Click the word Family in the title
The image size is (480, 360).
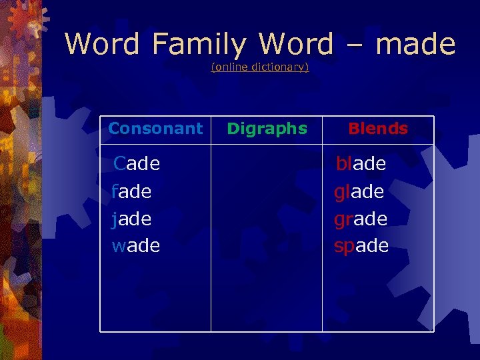coord(199,45)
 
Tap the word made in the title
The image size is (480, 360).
coord(415,44)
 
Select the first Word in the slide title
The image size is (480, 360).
coord(102,44)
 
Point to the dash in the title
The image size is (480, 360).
coord(353,45)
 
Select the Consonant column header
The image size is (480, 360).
coord(155,129)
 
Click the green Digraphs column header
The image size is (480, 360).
coord(267,129)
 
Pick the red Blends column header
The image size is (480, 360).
coord(378,129)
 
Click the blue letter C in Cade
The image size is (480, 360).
coord(120,163)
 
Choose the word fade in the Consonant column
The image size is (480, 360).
coord(131,191)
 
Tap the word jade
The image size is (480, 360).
coord(131,219)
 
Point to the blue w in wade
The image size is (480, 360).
coord(119,246)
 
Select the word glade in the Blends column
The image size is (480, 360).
coord(359,191)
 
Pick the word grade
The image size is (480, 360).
coord(361,219)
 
